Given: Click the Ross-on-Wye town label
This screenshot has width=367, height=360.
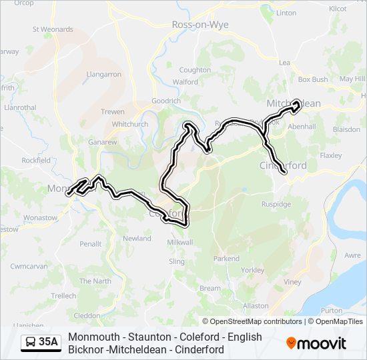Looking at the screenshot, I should pyautogui.click(x=200, y=25).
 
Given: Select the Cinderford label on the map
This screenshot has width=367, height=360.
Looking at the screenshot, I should pyautogui.click(x=283, y=165).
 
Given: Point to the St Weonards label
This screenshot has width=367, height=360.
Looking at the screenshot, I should pyautogui.click(x=53, y=29).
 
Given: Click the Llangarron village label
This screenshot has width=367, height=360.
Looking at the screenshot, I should pyautogui.click(x=103, y=75).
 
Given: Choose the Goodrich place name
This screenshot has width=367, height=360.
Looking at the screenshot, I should pyautogui.click(x=166, y=101).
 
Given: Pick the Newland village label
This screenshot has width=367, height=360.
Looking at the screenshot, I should pyautogui.click(x=137, y=238).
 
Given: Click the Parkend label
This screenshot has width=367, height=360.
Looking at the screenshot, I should pyautogui.click(x=226, y=258).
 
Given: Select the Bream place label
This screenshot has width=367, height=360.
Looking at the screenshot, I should pyautogui.click(x=210, y=288).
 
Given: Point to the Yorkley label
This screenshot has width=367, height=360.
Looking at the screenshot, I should pyautogui.click(x=252, y=270).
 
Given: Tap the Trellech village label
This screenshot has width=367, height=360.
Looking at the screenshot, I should pyautogui.click(x=64, y=295).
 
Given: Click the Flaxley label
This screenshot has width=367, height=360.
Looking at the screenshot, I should pyautogui.click(x=330, y=155).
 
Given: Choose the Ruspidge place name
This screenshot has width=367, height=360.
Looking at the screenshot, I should pyautogui.click(x=278, y=205).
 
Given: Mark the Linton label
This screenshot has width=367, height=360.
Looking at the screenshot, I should pyautogui.click(x=286, y=13).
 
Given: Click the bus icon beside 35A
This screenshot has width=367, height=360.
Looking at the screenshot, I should pyautogui.click(x=31, y=343).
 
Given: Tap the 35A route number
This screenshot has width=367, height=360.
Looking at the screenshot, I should pyautogui.click(x=48, y=343).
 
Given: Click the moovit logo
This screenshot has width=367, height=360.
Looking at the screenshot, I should pyautogui.click(x=316, y=343).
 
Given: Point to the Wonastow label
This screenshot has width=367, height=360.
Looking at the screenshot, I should pyautogui.click(x=40, y=217).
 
